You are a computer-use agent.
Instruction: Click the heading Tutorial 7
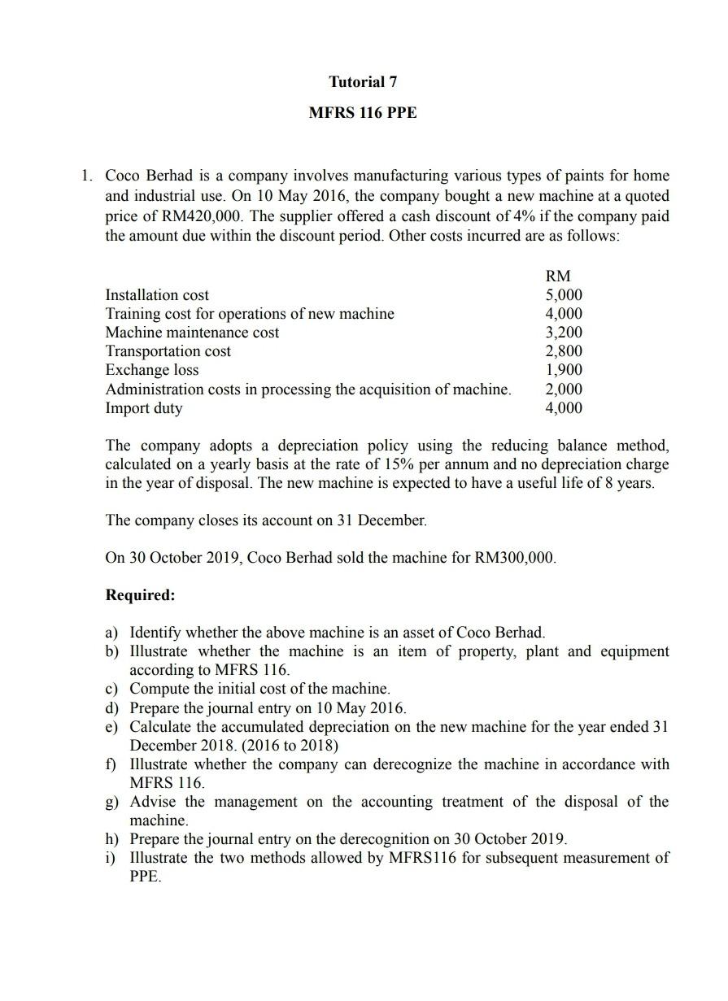363,81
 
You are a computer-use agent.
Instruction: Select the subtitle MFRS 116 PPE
363,113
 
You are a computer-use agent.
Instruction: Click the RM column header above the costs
562,276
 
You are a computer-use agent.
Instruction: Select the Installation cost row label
157,295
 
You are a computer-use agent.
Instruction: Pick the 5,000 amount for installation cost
563,295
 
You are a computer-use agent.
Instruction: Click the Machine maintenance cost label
192,333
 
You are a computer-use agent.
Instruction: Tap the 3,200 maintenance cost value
563,333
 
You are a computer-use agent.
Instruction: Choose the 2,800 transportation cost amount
563,351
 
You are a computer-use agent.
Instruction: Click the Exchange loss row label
152,370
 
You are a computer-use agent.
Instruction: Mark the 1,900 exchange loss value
563,370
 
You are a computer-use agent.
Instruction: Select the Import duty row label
144,408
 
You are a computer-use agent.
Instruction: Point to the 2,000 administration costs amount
563,389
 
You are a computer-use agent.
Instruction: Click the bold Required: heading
140,595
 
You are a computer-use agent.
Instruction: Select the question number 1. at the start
87,176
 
